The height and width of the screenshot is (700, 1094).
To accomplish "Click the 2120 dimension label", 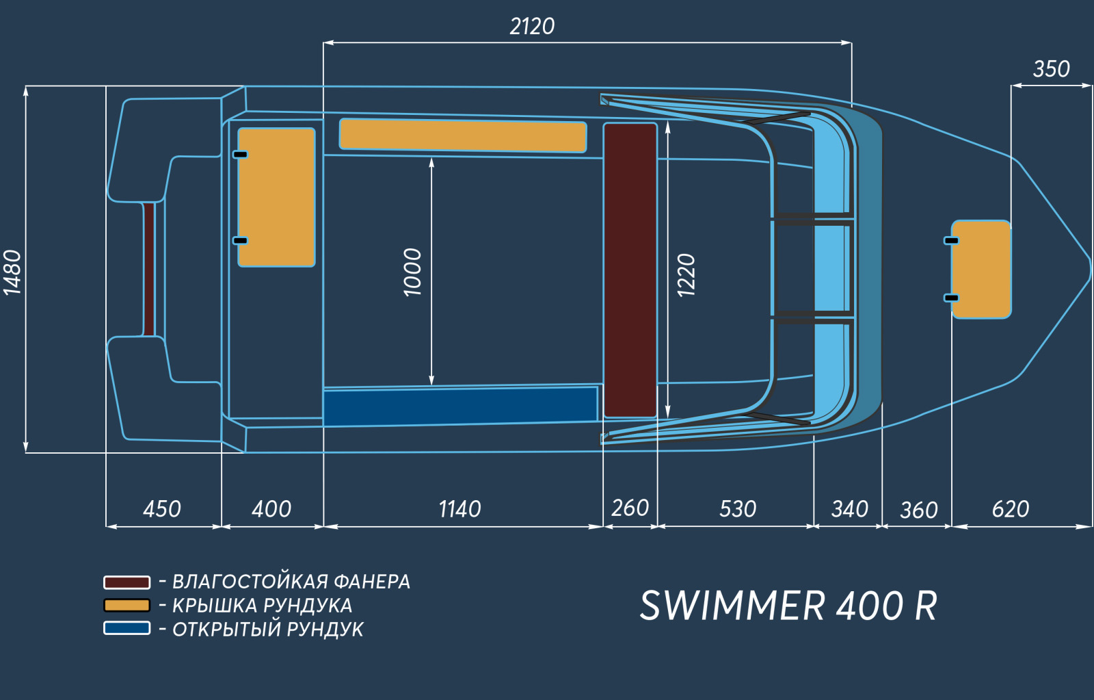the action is [532, 27].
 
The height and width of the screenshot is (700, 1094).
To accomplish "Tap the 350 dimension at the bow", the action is [1051, 69].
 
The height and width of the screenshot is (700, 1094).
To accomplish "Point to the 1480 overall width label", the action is [13, 273].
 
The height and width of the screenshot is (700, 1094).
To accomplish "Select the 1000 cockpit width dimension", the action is [412, 272].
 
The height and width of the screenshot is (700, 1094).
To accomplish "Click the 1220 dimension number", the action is [686, 274].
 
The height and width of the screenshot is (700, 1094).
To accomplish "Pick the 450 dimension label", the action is [162, 509].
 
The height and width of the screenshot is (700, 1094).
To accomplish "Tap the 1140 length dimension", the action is [459, 509].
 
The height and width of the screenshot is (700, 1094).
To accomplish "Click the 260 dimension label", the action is [630, 508].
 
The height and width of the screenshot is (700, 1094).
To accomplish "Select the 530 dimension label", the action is [738, 509].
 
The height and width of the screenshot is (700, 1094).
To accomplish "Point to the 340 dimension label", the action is [850, 509].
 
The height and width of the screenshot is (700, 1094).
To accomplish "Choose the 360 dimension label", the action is [919, 510].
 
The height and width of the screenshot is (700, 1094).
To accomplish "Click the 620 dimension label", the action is [1011, 509].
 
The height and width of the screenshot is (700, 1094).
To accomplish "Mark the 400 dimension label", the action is [271, 509].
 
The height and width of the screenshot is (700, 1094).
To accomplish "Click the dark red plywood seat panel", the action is [630, 270].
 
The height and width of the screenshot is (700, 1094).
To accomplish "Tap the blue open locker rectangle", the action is [460, 406].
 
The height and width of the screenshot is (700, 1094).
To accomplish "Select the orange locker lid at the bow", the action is [981, 270].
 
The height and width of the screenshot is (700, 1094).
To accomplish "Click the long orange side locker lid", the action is [463, 135].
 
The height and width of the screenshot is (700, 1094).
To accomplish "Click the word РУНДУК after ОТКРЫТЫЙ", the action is [325, 630].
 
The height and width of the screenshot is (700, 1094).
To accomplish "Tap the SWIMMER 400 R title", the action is [788, 606].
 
